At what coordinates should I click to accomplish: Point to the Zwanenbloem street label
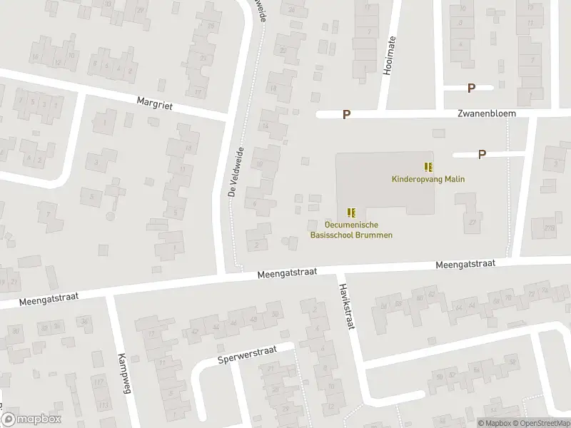[x=486, y=113]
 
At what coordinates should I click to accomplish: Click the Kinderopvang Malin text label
[x=428, y=179]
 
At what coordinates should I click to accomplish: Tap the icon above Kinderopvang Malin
[x=428, y=167]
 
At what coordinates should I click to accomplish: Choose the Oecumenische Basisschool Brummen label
[x=351, y=230]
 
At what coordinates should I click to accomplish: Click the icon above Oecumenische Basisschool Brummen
[x=351, y=213]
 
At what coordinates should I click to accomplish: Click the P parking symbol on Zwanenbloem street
[x=346, y=114]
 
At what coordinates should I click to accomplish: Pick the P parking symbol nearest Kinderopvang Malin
[x=482, y=153]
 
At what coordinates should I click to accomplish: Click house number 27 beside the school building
[x=472, y=222]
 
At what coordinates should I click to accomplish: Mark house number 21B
[x=549, y=228]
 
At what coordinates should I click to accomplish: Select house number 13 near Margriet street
[x=188, y=148]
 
